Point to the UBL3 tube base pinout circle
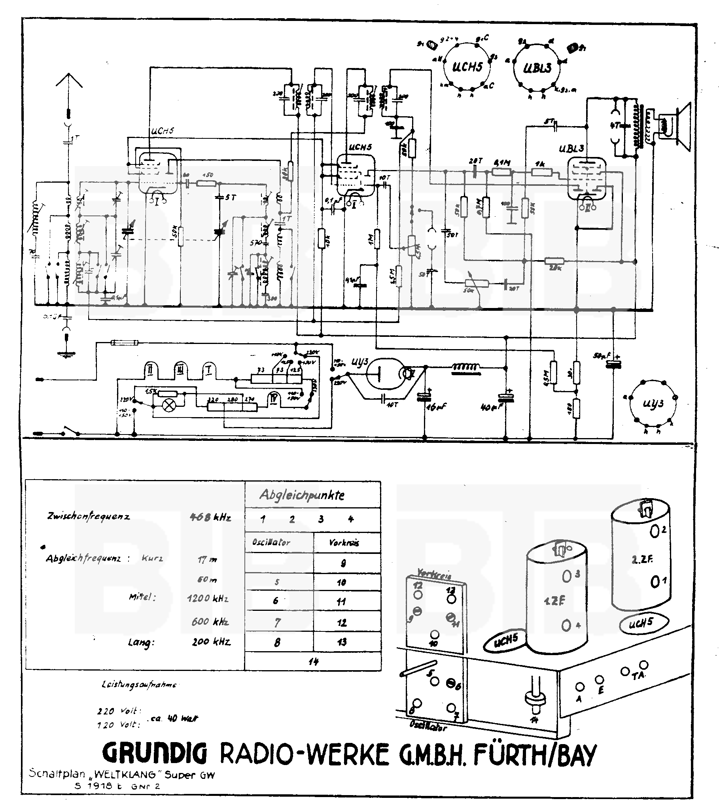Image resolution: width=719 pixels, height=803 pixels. [537, 68]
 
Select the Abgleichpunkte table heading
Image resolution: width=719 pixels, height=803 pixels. [302, 495]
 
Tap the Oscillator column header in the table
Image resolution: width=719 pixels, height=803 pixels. [271, 543]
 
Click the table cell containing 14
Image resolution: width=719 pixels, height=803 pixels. [313, 661]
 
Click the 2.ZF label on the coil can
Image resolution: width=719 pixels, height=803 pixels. [641, 560]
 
